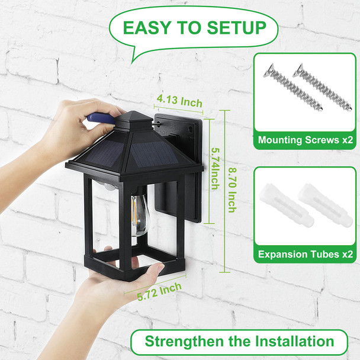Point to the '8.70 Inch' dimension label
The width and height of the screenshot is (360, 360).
(233, 189)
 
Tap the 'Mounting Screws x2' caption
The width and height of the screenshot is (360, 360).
(305, 141)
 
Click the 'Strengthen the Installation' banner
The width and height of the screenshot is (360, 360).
(239, 341)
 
